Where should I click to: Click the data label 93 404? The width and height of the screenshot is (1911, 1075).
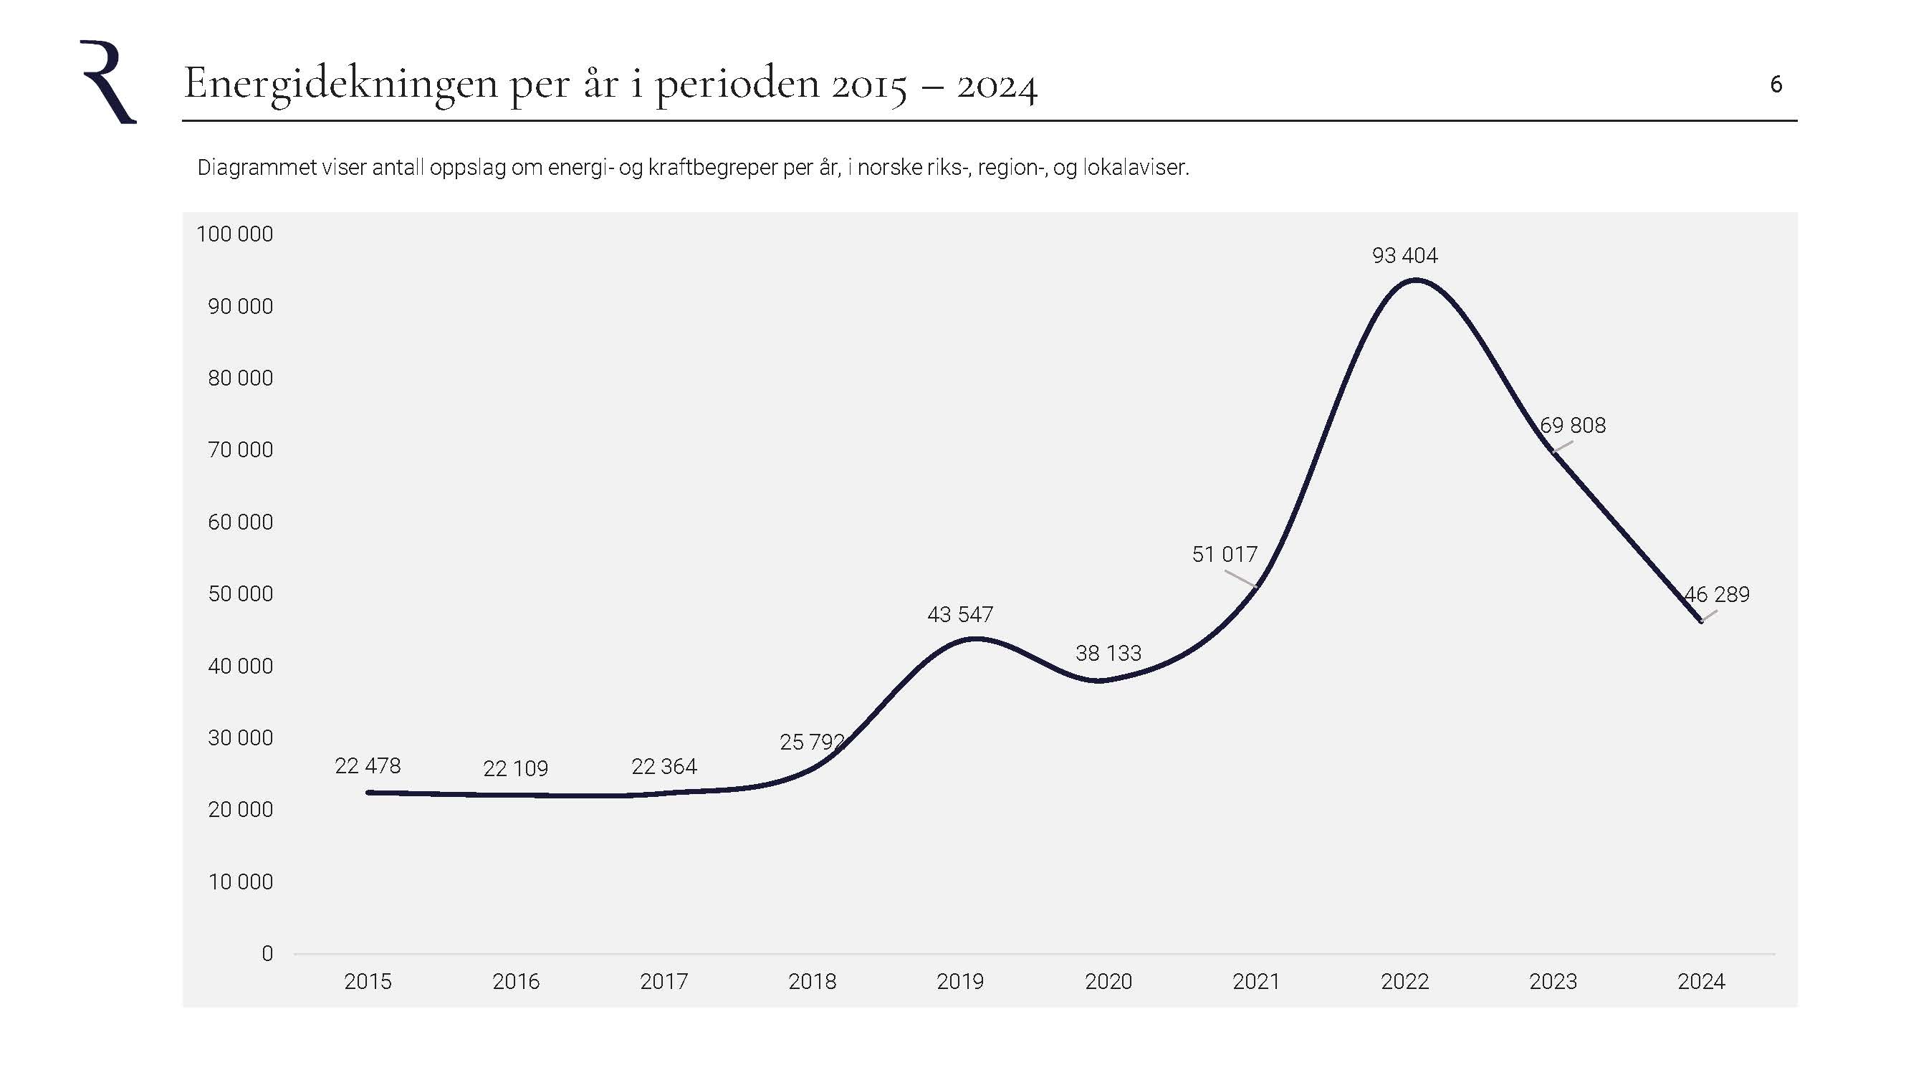point(1404,255)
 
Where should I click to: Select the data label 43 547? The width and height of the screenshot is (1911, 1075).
point(960,614)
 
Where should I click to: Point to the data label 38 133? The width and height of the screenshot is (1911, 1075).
point(1108,653)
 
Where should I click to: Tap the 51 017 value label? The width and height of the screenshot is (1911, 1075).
point(1224,554)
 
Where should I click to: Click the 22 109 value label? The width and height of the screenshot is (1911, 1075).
point(516,768)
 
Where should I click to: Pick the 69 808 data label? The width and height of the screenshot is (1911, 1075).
point(1573,425)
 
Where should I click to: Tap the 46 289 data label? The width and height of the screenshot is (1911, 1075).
point(1717,594)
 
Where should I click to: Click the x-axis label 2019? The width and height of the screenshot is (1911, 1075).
point(960,982)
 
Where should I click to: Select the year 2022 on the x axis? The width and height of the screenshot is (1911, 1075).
point(1404,982)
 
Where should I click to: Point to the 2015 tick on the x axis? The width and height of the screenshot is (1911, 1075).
point(368,982)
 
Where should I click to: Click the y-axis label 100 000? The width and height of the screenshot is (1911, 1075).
point(234,234)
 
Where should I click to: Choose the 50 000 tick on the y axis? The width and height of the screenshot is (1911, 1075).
point(240,593)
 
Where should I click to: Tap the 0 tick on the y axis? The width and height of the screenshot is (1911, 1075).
point(267,953)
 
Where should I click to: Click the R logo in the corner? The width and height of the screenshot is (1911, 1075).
point(108,82)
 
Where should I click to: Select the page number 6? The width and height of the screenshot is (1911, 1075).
point(1776,85)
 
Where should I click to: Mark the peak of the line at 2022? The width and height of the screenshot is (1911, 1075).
point(1415,279)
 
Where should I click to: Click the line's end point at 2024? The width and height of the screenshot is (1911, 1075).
point(1700,621)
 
